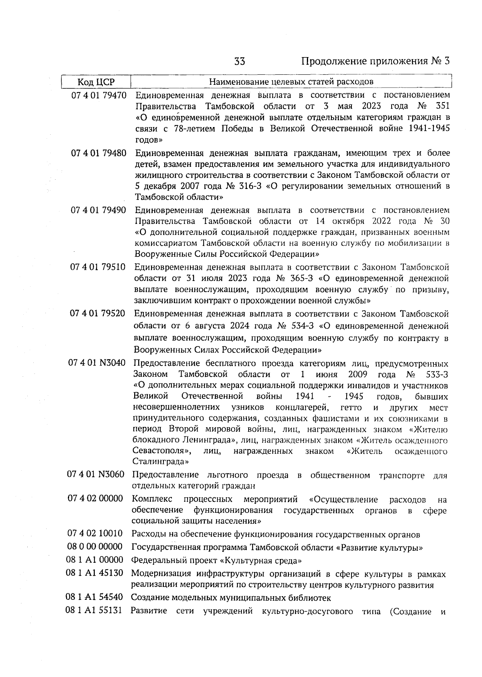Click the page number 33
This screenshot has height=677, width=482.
(x=240, y=62)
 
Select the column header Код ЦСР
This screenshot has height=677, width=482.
(x=96, y=82)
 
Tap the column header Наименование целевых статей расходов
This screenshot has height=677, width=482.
(x=291, y=82)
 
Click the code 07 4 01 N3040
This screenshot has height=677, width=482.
(x=97, y=363)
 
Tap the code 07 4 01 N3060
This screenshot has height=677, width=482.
(x=96, y=474)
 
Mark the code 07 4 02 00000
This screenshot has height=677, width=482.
(x=95, y=499)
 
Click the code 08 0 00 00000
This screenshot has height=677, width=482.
(x=95, y=547)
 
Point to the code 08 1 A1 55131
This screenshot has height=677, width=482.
(x=94, y=611)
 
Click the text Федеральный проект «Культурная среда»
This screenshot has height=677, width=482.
(x=216, y=560)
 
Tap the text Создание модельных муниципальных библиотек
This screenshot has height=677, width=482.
(x=231, y=598)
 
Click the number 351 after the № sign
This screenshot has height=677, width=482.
(x=442, y=107)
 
